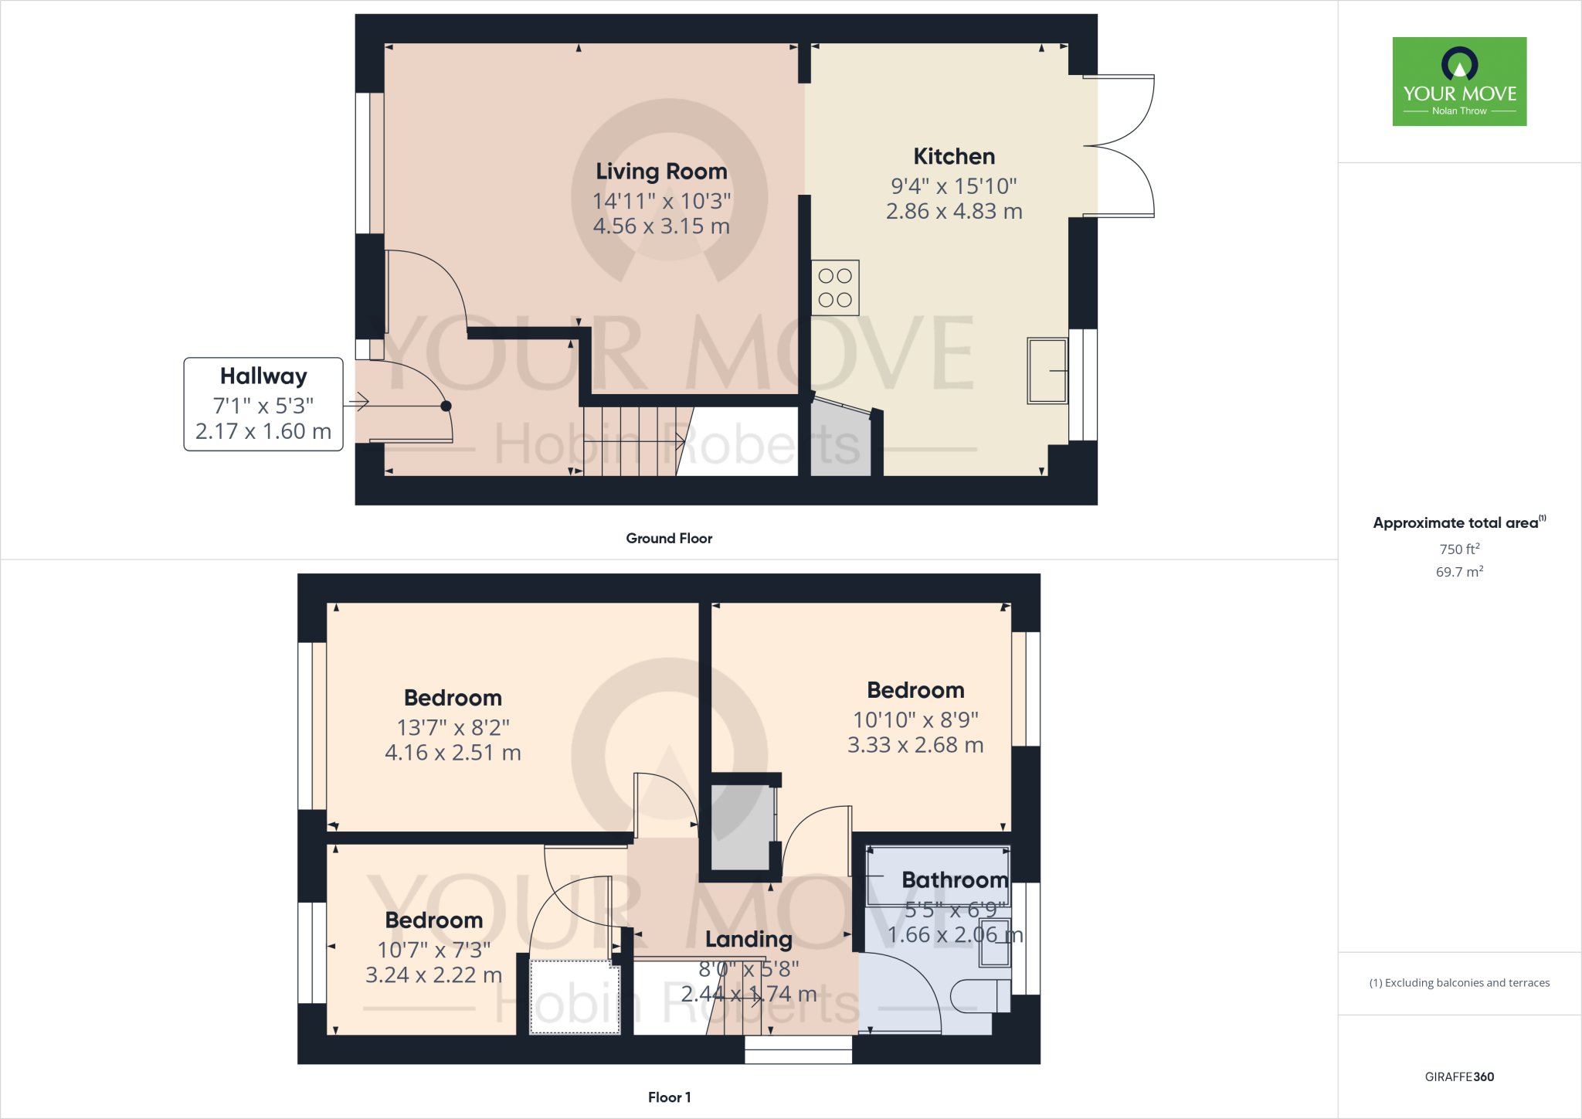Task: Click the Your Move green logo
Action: [x=1459, y=81]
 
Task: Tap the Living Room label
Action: [x=661, y=172]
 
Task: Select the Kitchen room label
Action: [x=954, y=157]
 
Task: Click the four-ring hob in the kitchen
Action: [x=835, y=287]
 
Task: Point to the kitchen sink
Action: [x=1047, y=371]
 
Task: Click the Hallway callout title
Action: [x=263, y=376]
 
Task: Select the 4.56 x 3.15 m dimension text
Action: [x=661, y=226]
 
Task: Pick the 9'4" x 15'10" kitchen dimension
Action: [x=954, y=186]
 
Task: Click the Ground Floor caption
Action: [x=669, y=539]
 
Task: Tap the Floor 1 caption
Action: [x=669, y=1097]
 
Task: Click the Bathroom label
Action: [x=955, y=880]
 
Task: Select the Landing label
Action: [x=749, y=940]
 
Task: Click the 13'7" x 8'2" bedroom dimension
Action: [x=453, y=728]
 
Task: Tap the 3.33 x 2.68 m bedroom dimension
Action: [x=915, y=745]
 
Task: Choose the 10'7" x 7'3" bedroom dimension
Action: [x=433, y=951]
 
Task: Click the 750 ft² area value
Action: [x=1459, y=549]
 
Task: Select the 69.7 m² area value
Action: [x=1459, y=573]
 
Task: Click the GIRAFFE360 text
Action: [x=1459, y=1077]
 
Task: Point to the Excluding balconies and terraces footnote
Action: [x=1459, y=983]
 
